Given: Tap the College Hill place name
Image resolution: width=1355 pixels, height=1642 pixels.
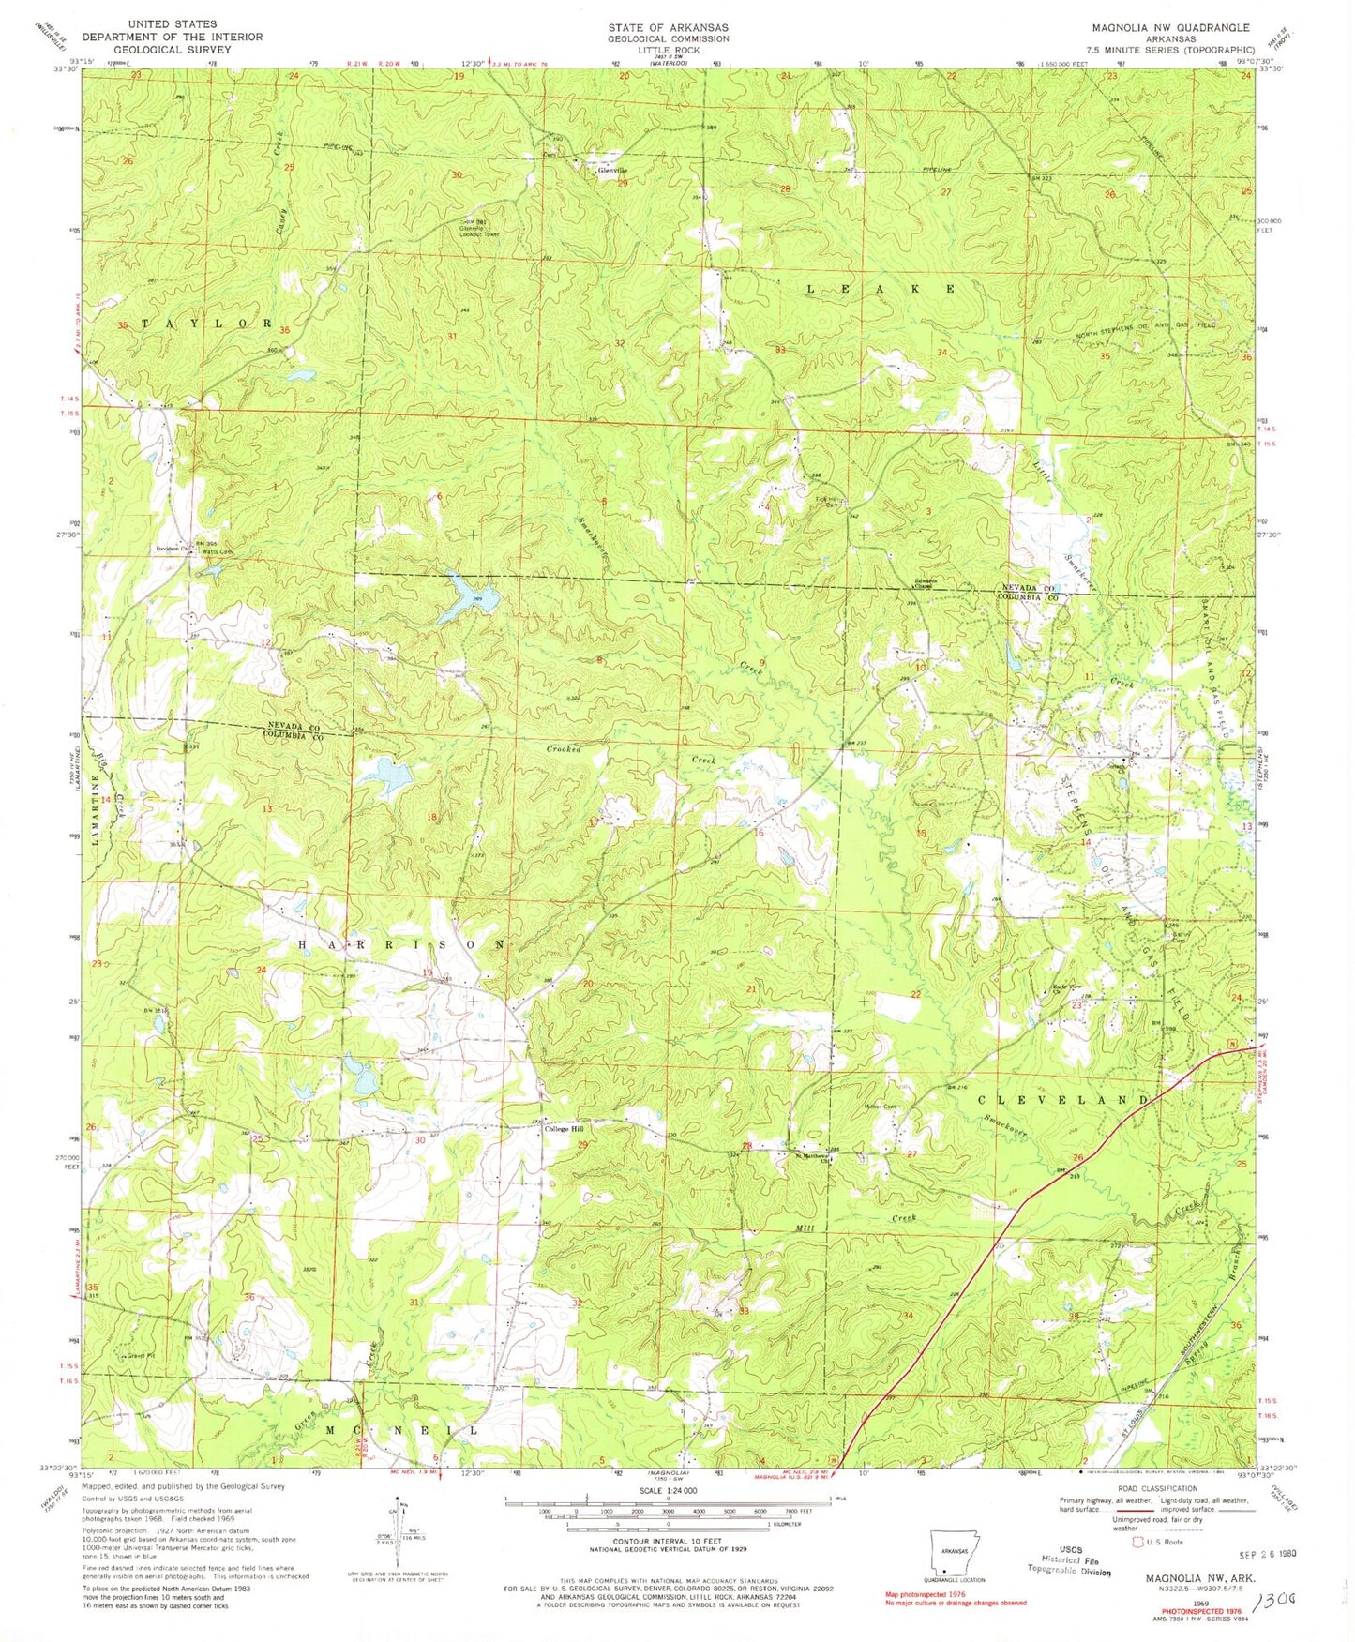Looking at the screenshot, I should (x=565, y=1129).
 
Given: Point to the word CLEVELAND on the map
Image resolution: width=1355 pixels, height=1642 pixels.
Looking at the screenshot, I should (x=1063, y=1100).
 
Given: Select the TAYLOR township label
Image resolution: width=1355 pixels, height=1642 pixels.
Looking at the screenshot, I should (x=207, y=323).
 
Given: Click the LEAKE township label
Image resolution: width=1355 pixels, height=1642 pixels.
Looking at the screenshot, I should (x=881, y=289).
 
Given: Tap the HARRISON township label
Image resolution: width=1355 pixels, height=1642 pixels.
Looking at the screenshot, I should (x=402, y=944).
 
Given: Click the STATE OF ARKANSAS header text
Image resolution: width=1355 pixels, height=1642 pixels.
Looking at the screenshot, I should (x=668, y=27).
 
